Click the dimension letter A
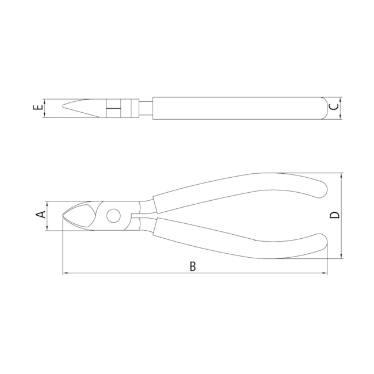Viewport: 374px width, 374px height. tap(40, 215)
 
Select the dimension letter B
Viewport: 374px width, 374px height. tap(193, 266)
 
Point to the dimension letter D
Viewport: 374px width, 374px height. tap(335, 215)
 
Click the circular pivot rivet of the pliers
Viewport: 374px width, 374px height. tap(113, 216)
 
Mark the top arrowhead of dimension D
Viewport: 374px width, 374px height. tap(342, 175)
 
